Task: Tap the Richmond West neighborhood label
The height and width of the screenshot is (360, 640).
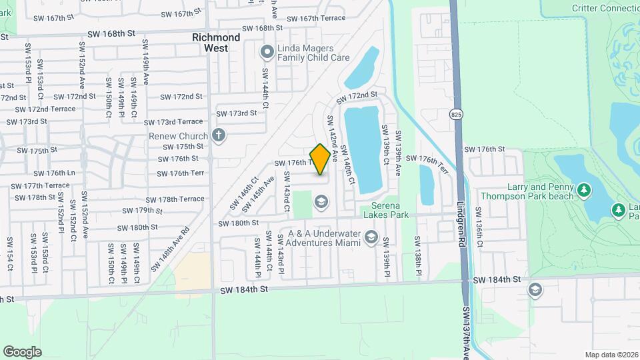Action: pyautogui.click(x=215, y=43)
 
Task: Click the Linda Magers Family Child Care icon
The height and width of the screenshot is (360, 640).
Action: pyautogui.click(x=267, y=51)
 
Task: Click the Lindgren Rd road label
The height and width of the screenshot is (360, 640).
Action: pyautogui.click(x=461, y=225)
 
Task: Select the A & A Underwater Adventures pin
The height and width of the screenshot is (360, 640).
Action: pyautogui.click(x=371, y=237)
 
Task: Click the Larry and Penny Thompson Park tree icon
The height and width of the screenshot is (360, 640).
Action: pyautogui.click(x=585, y=191)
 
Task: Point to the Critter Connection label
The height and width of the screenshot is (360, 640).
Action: pyautogui.click(x=605, y=8)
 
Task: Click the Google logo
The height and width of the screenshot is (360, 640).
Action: pyautogui.click(x=22, y=351)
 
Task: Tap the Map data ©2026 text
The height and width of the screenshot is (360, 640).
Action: pyautogui.click(x=611, y=355)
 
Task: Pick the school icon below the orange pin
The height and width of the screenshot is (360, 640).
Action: pyautogui.click(x=321, y=201)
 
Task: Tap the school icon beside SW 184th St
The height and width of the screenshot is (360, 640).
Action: pyautogui.click(x=535, y=290)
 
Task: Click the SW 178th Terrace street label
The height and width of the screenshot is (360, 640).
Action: pyautogui.click(x=176, y=199)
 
